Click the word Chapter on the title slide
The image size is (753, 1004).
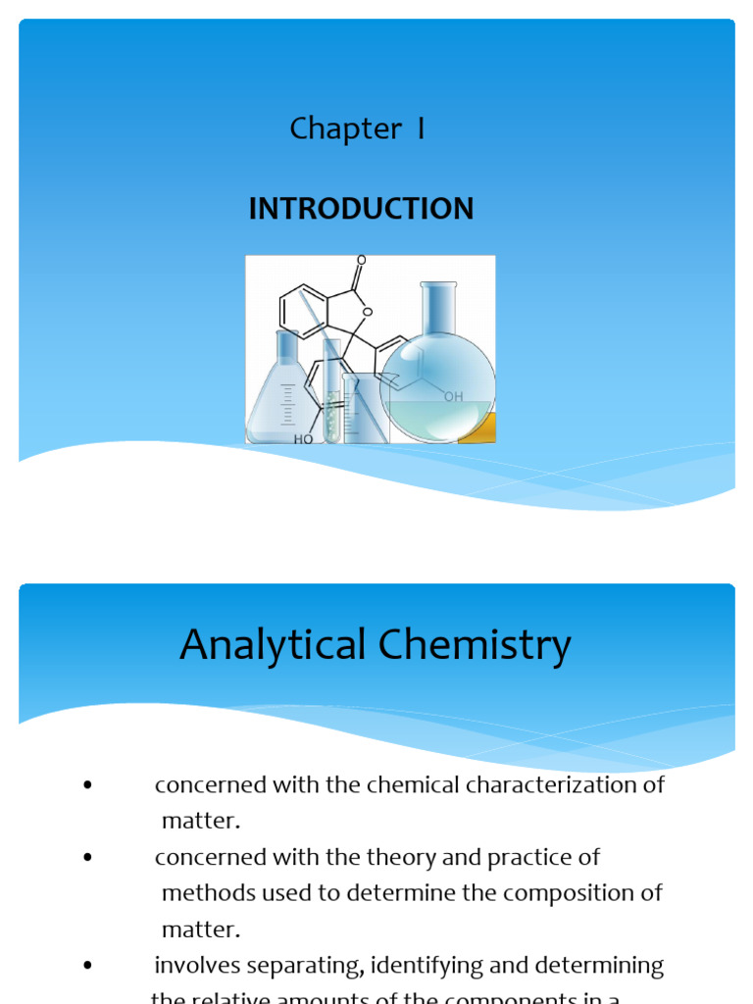[x=331, y=129]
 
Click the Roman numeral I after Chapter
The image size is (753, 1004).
[x=421, y=129]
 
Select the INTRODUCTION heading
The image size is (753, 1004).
[x=361, y=209]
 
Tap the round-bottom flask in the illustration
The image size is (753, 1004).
[x=437, y=387]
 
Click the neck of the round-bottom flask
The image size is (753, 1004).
[x=438, y=309]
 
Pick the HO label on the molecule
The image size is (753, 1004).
[x=304, y=439]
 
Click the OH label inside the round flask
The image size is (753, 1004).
[x=453, y=397]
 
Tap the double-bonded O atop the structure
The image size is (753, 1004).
[x=361, y=261]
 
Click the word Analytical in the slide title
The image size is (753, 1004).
[x=258, y=645]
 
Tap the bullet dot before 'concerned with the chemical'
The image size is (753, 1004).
[x=88, y=785]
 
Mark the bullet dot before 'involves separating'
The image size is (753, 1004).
[x=88, y=966]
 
